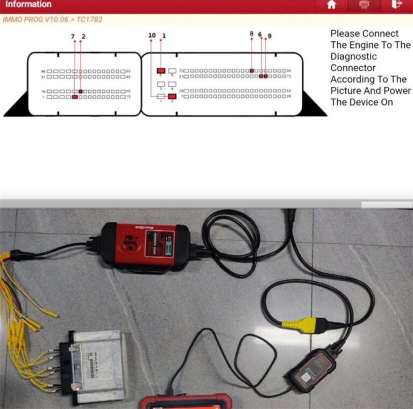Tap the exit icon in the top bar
tap(397, 5)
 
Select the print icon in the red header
tap(364, 5)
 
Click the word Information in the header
tap(28, 4)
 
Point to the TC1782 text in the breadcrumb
tap(90, 19)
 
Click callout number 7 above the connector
tap(73, 36)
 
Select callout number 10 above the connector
tap(152, 35)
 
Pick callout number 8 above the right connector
tap(252, 34)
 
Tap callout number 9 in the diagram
tap(269, 36)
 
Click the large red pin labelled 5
tap(161, 71)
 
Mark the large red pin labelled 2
tap(172, 97)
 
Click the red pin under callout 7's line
tap(75, 97)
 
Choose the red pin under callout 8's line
tap(252, 71)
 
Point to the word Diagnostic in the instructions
tap(353, 56)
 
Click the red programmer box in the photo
tap(146, 244)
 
